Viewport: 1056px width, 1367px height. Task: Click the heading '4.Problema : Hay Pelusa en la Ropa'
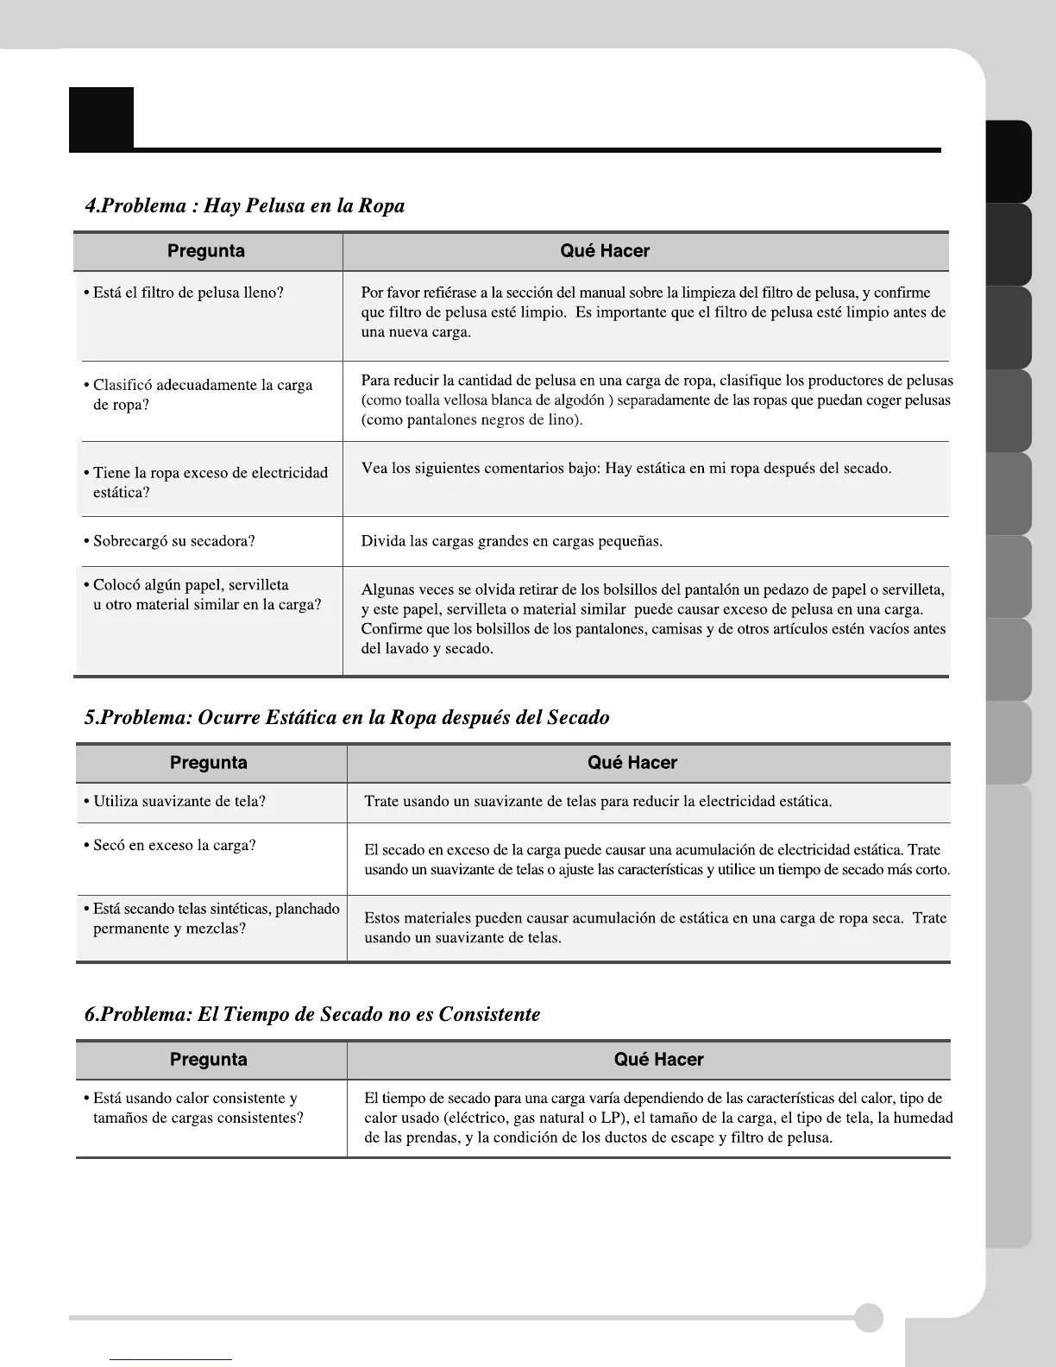click(244, 205)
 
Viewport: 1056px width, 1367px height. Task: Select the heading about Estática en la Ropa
click(347, 717)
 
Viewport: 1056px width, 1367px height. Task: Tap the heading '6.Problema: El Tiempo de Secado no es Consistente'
click(312, 1013)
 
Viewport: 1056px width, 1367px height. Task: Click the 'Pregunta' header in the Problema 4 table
click(206, 251)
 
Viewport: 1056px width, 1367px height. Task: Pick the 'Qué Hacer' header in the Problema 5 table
click(632, 763)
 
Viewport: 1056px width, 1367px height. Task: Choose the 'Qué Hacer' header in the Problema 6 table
click(658, 1059)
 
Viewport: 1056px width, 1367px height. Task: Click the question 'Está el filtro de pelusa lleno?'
click(184, 293)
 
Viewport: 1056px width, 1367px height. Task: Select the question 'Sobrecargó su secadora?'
click(169, 541)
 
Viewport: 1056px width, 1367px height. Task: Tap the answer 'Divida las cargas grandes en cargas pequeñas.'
click(512, 541)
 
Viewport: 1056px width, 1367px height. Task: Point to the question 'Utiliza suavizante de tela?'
click(174, 801)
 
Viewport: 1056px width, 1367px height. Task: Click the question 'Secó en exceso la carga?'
click(170, 845)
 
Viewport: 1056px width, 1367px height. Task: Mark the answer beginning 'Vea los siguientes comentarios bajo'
click(625, 469)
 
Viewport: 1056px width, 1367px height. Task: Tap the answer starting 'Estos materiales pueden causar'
click(655, 928)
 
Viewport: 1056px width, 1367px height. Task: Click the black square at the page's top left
click(102, 118)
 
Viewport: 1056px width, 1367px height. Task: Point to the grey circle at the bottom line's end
click(869, 1318)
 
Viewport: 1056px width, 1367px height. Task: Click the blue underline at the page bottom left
click(171, 1359)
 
